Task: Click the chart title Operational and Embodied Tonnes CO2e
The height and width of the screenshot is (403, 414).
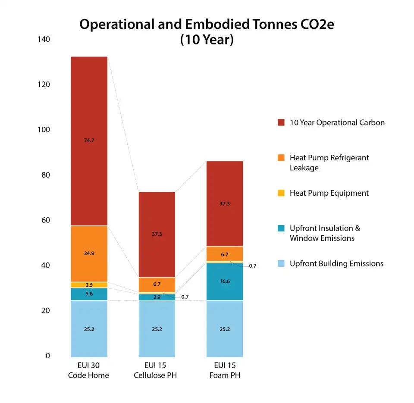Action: tap(207, 25)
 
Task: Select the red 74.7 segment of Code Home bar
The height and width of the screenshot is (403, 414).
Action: tap(89, 141)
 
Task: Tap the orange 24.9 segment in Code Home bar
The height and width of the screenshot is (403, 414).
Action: tap(89, 253)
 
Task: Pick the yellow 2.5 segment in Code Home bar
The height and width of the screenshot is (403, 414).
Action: tap(89, 285)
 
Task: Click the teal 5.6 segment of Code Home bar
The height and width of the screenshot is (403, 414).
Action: tap(89, 294)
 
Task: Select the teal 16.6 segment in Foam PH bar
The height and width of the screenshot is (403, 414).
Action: tap(224, 281)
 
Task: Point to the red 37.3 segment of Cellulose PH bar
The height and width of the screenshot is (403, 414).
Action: tap(157, 234)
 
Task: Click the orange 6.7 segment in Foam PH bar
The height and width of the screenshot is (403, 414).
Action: tap(224, 254)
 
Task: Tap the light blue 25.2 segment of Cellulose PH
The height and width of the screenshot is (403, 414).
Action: tap(157, 329)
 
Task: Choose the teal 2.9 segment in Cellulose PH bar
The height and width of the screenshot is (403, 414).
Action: tap(157, 297)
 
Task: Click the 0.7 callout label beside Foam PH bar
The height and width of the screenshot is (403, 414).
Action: tap(253, 266)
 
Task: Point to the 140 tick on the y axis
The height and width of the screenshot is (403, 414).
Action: tap(44, 39)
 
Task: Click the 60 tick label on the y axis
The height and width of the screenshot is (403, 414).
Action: tap(45, 220)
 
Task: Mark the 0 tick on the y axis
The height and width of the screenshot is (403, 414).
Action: tap(48, 356)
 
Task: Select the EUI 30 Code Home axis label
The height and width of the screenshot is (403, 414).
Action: tap(88, 370)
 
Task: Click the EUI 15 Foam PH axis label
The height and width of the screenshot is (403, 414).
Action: tap(224, 370)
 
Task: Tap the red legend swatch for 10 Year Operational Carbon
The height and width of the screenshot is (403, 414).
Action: tap(281, 122)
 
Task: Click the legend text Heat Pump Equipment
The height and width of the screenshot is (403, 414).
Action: tap(329, 193)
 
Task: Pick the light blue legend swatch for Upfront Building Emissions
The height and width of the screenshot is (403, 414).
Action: tap(281, 264)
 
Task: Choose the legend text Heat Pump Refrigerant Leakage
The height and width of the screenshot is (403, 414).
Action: tap(329, 162)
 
